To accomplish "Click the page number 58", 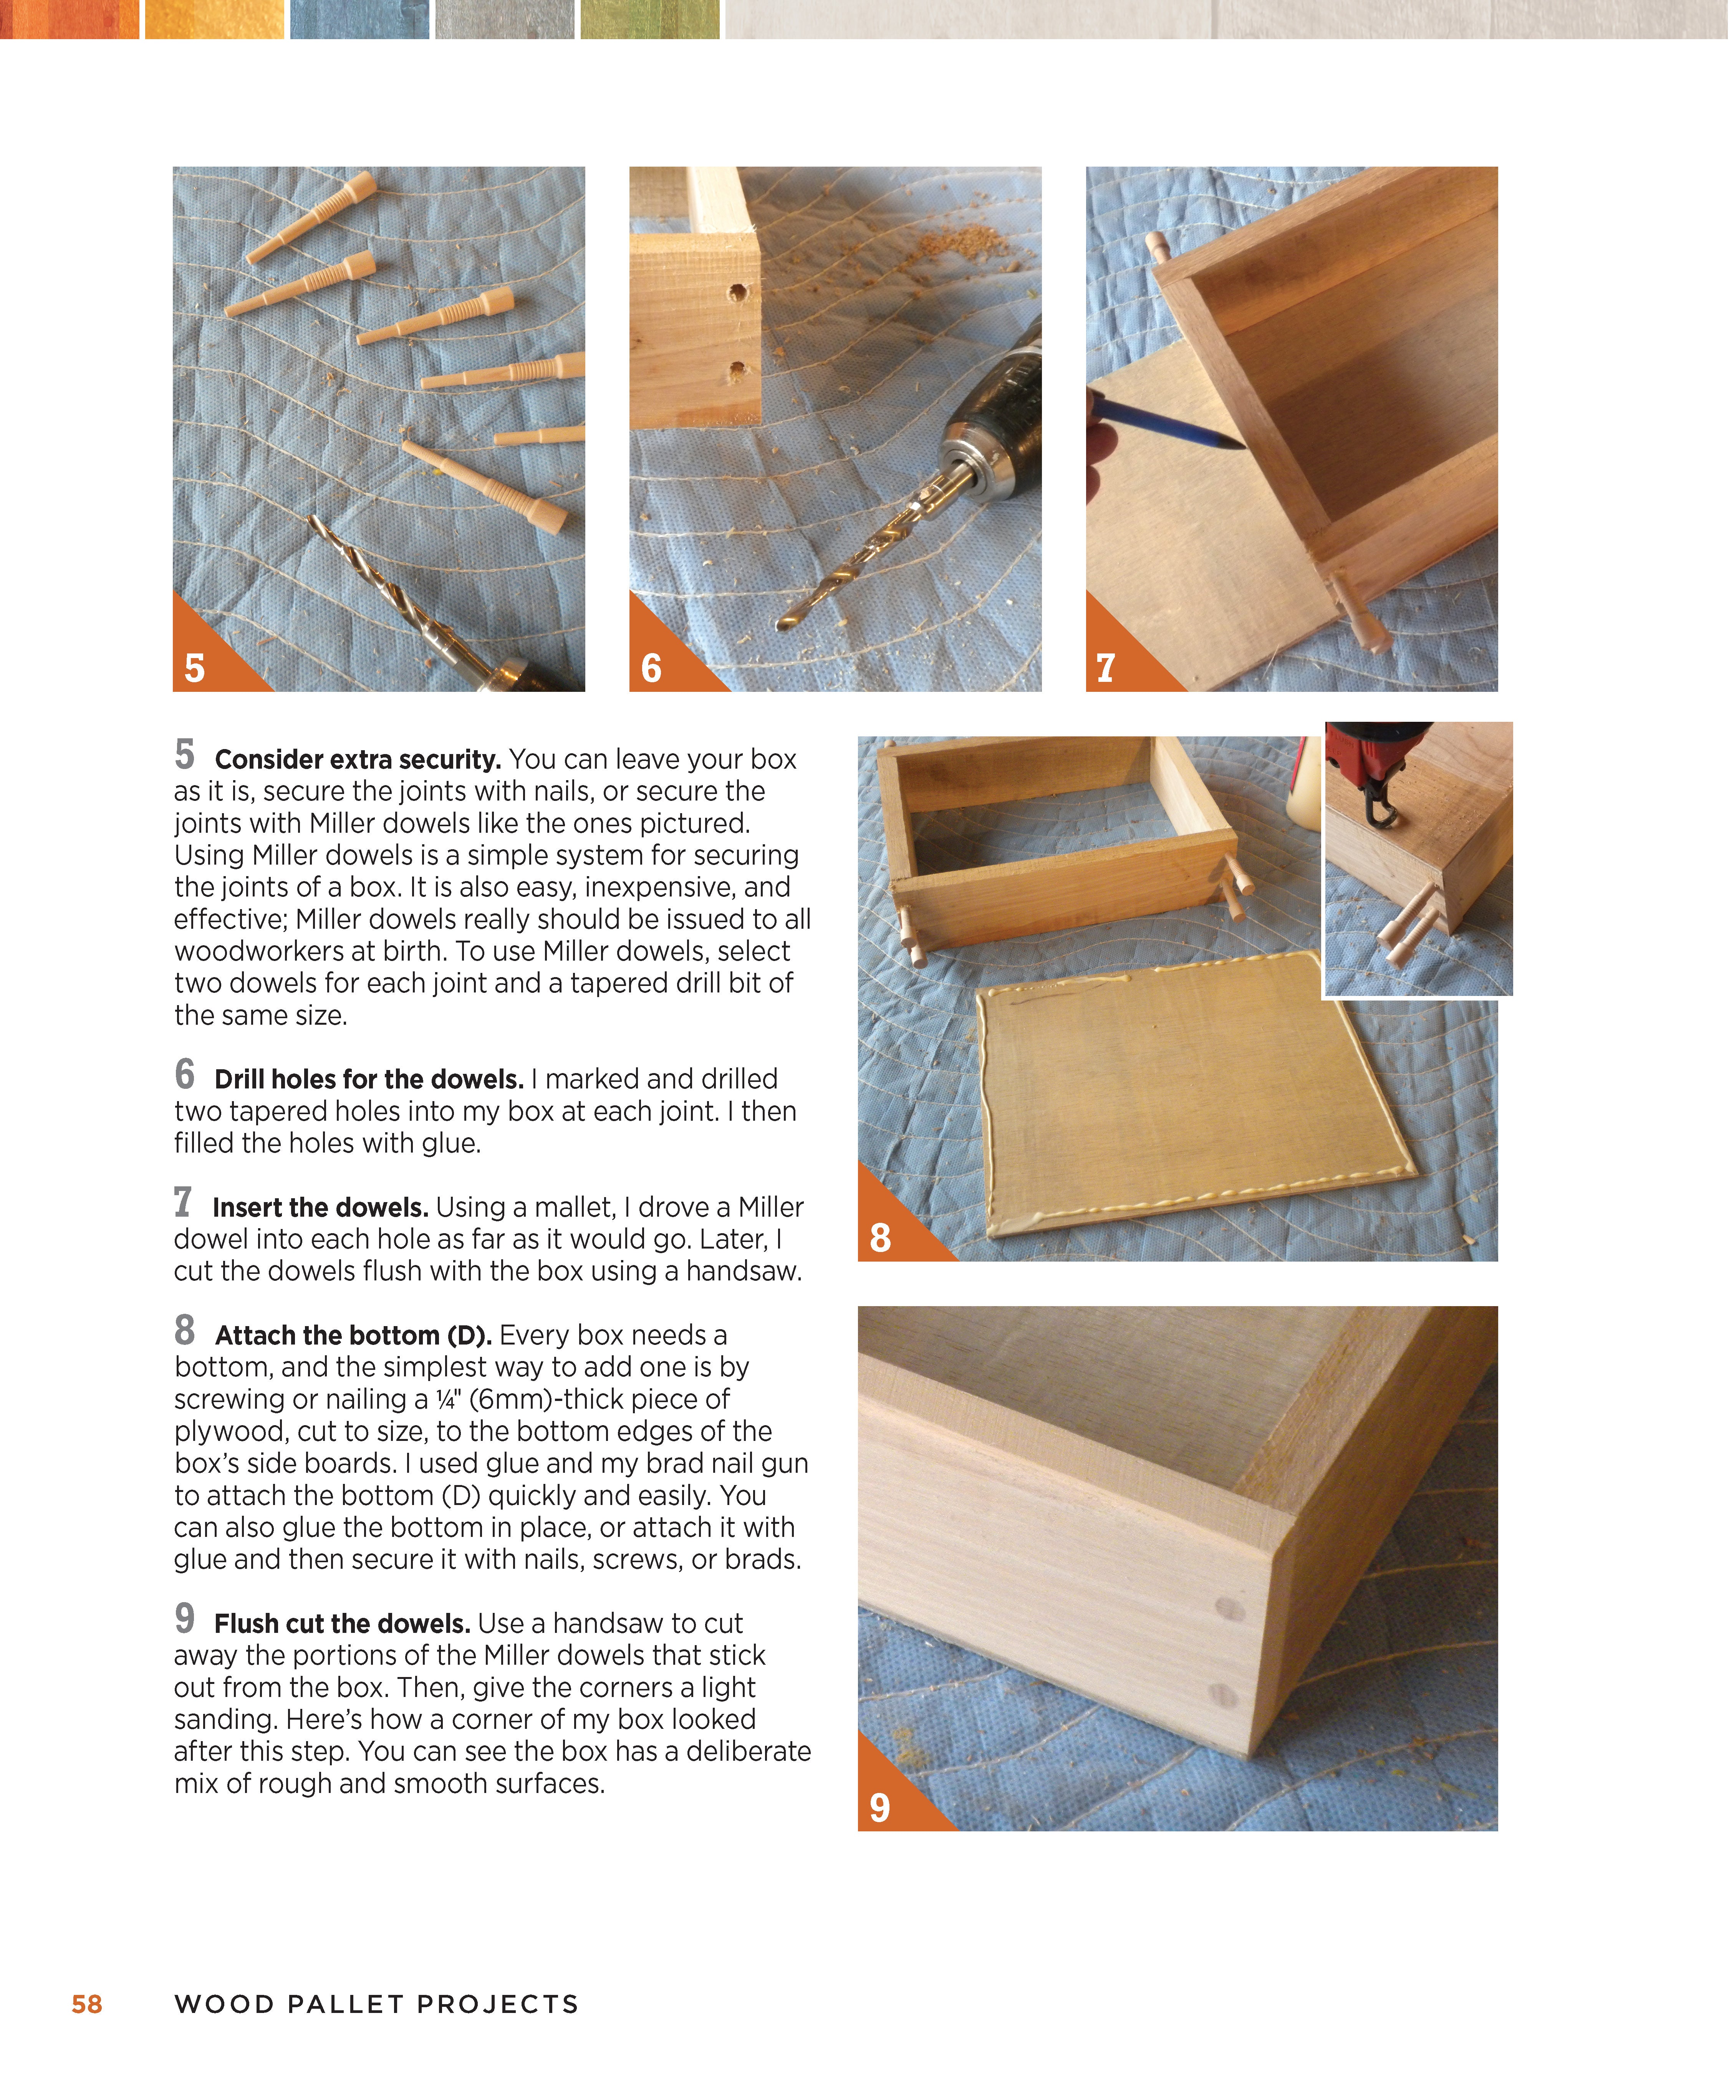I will [87, 2004].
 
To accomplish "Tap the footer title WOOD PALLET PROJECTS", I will [376, 2004].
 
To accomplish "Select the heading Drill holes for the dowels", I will [369, 1080].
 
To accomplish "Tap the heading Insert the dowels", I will [320, 1208].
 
